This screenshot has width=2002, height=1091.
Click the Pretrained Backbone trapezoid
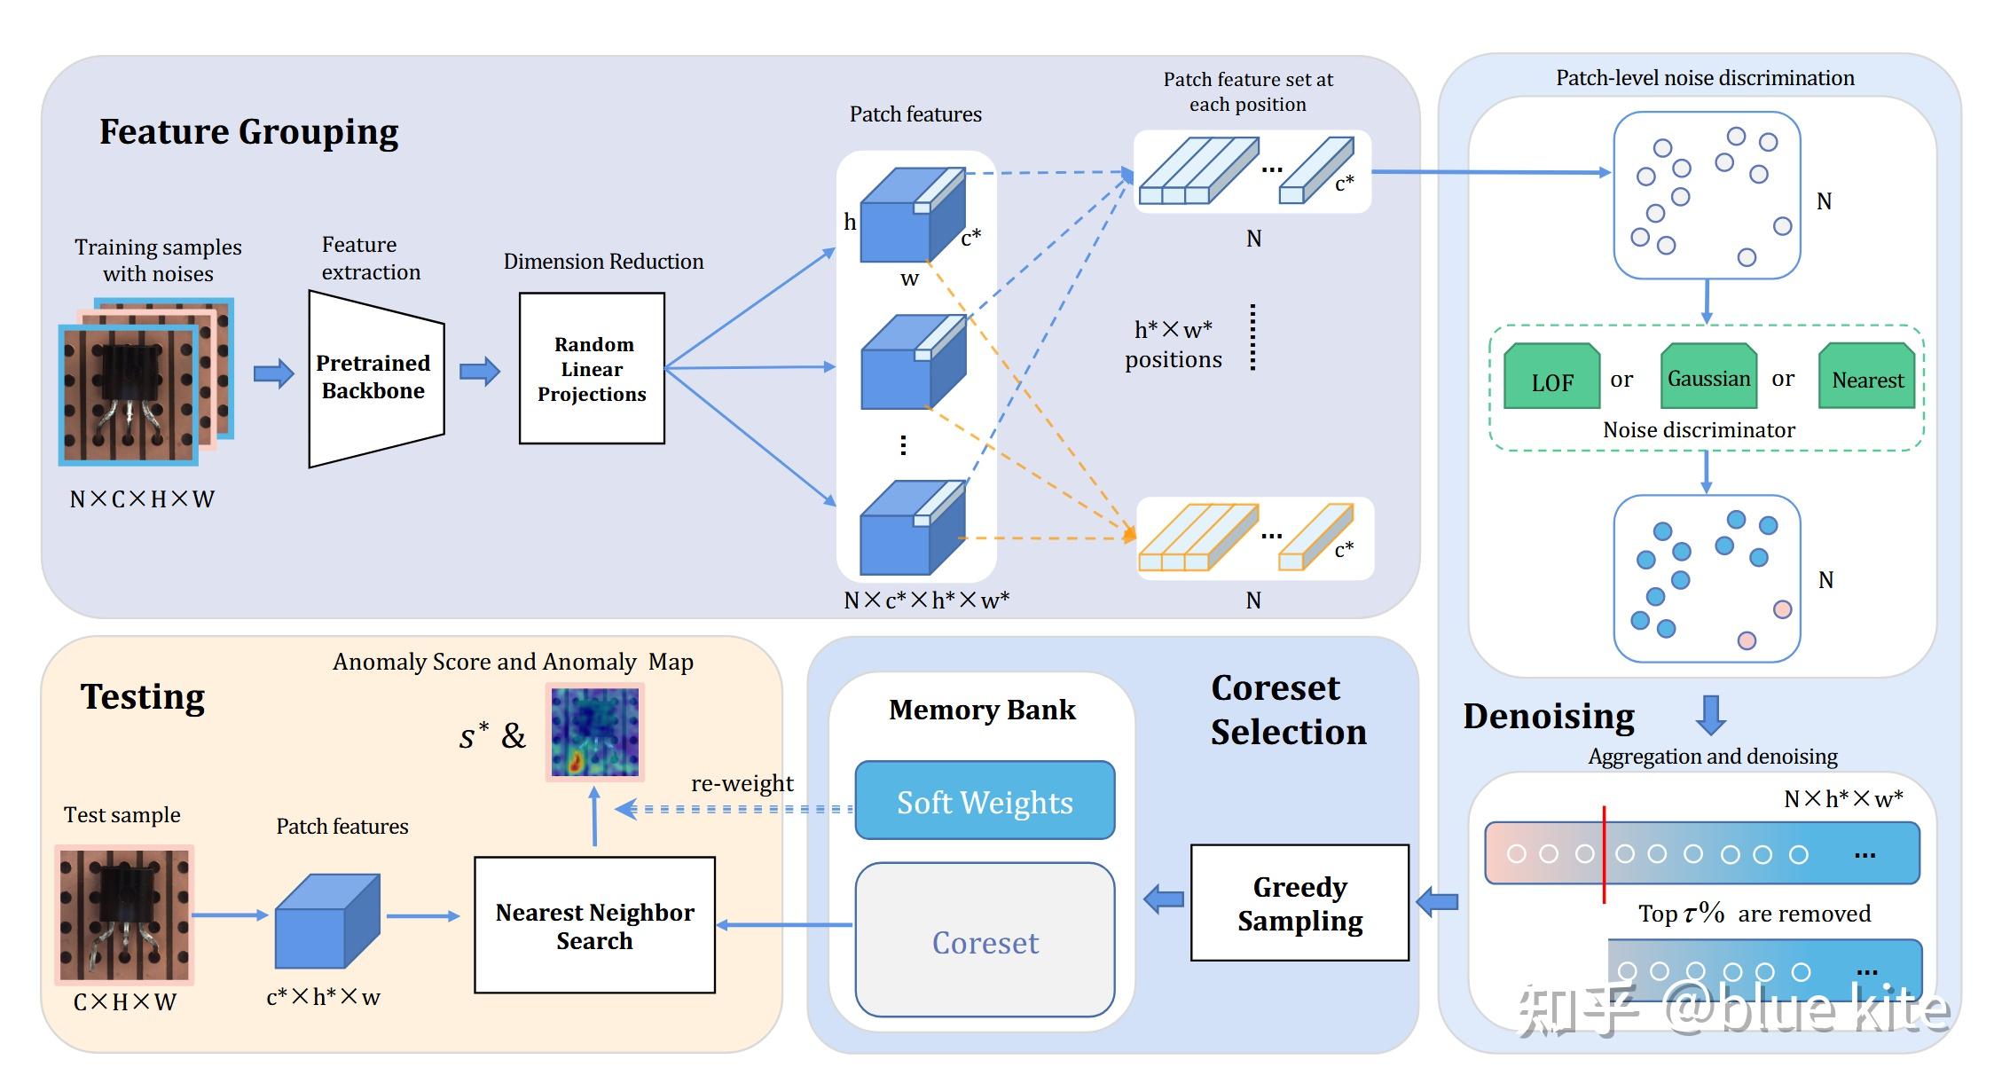point(375,378)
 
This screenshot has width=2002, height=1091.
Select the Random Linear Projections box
point(592,368)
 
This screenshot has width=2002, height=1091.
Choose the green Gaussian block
point(1708,377)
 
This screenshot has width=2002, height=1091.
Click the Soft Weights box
point(985,801)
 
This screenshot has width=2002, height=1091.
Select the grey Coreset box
point(985,940)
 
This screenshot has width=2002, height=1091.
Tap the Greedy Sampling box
point(1299,903)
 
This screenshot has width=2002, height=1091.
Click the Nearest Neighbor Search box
point(594,925)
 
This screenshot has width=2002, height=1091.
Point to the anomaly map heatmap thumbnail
point(594,732)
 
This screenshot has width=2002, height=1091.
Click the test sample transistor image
point(124,914)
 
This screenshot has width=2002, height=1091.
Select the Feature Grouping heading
point(248,131)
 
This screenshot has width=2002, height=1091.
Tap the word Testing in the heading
point(143,696)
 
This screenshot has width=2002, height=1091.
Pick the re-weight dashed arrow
point(736,809)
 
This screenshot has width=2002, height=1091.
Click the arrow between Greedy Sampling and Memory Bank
point(1164,899)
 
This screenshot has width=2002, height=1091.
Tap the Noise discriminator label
point(1699,430)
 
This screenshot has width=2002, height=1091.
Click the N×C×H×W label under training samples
point(142,499)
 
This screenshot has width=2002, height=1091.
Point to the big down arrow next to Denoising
point(1710,714)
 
